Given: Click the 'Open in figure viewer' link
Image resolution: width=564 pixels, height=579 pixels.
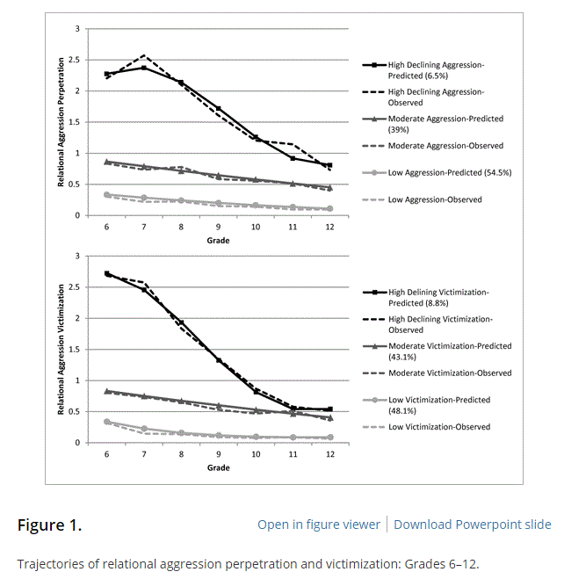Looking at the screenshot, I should coord(319,525).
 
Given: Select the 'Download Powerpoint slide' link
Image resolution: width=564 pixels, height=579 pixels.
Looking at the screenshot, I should coord(473,525).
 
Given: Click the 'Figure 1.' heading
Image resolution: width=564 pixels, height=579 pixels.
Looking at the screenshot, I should coord(49,525).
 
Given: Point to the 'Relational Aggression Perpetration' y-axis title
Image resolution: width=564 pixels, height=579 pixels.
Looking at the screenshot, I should coord(61,122).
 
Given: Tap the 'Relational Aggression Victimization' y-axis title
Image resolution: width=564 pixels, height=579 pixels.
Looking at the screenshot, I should coord(61,350).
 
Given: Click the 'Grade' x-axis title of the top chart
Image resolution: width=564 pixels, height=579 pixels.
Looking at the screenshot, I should coord(218,240).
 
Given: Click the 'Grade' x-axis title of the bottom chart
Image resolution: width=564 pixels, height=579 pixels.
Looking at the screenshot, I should coord(218,467).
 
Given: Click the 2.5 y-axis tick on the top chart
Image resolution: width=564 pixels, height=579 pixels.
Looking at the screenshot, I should coord(76,60).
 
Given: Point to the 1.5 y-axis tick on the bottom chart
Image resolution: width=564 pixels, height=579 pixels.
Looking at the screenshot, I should coord(76,350).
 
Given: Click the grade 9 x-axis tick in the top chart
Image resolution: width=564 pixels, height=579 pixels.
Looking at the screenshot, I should coord(218,226).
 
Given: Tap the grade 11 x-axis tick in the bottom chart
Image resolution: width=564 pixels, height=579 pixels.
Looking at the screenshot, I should coord(293,453).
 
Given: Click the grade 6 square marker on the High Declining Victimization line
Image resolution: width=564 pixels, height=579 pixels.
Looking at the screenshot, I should coord(107,274).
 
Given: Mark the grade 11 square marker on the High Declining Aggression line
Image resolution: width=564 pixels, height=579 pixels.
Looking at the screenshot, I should coord(293,158).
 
